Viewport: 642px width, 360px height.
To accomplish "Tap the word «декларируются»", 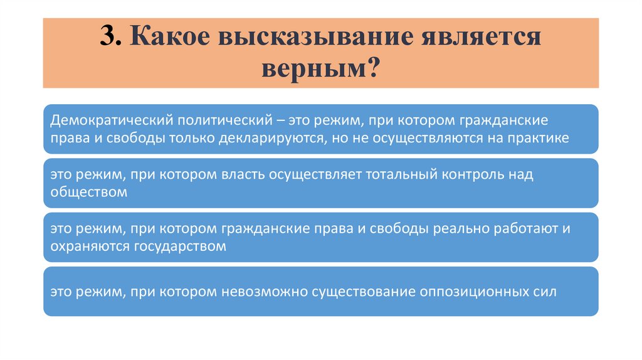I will point(270,138).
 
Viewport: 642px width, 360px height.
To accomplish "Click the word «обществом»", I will point(89,193).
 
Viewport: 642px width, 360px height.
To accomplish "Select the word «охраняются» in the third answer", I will point(90,246).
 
